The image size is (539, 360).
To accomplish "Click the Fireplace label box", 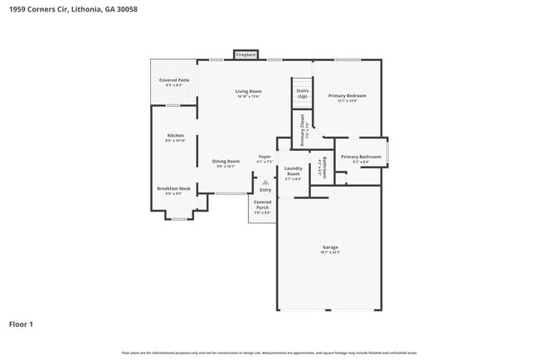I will (245, 55).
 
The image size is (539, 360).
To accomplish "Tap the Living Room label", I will (248, 91).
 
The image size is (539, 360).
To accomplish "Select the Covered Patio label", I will (174, 80).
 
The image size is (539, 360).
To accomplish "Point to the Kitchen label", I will (175, 135).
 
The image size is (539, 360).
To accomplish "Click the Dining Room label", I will (226, 161).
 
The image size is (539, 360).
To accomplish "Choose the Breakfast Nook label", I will (174, 188).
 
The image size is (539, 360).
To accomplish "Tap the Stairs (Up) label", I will (303, 93).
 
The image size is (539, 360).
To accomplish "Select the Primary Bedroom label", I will (347, 95).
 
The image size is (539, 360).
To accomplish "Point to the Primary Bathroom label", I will (361, 157).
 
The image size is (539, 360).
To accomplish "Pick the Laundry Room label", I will (293, 171).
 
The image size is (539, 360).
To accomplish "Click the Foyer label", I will (265, 156).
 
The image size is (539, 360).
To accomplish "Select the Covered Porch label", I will (262, 204).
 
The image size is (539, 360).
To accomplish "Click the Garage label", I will (330, 247).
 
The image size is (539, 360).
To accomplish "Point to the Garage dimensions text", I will (330, 252).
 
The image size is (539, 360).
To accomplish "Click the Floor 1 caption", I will (21, 324).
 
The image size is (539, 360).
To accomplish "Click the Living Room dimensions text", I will (248, 96).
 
